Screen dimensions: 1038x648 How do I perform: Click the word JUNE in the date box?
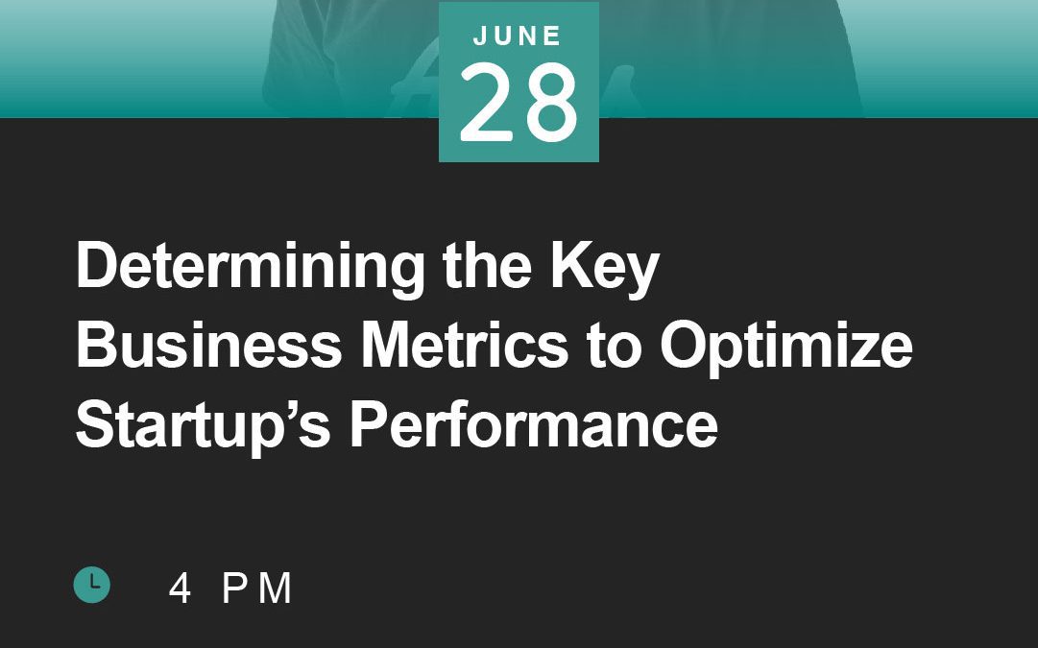(518, 36)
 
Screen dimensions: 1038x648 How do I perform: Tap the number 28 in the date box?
(519, 103)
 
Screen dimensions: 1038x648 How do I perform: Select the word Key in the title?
(604, 268)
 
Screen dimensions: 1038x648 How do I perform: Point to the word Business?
(209, 345)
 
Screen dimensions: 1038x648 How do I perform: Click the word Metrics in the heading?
(464, 345)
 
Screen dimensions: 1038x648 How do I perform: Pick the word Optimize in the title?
(785, 347)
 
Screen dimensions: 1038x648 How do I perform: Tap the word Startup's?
(204, 425)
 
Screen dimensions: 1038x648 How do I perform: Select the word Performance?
(534, 424)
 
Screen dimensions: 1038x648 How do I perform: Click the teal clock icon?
(91, 585)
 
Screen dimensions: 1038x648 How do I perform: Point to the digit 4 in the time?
(180, 588)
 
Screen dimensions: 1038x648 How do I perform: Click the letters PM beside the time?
(256, 588)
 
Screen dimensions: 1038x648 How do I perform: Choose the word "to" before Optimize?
(614, 347)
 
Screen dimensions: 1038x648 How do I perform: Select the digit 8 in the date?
(549, 103)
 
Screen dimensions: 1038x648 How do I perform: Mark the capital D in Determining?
(97, 265)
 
